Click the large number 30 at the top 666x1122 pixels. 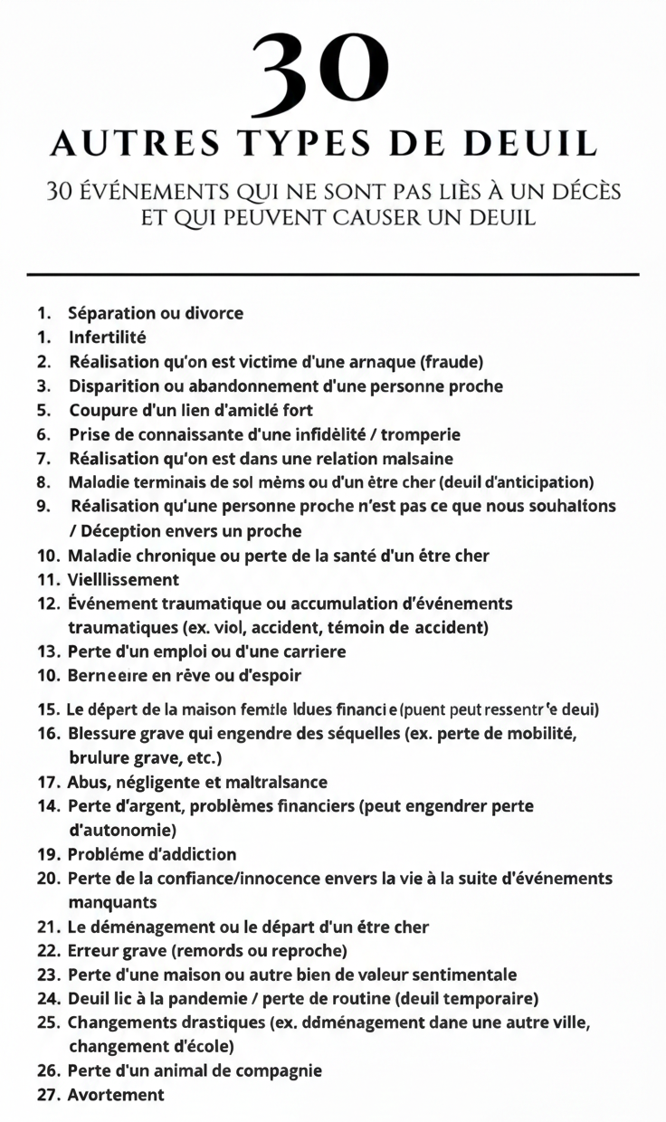tap(322, 76)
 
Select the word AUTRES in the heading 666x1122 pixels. tap(133, 144)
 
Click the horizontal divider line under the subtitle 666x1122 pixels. tap(333, 273)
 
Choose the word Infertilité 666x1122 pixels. tap(108, 338)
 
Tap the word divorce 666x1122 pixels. tap(214, 314)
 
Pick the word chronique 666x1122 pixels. tap(166, 555)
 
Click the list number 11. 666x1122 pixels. tap(48, 579)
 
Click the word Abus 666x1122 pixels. tap(88, 782)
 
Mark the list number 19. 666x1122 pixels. tap(48, 854)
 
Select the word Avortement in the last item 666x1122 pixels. tap(116, 1095)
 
